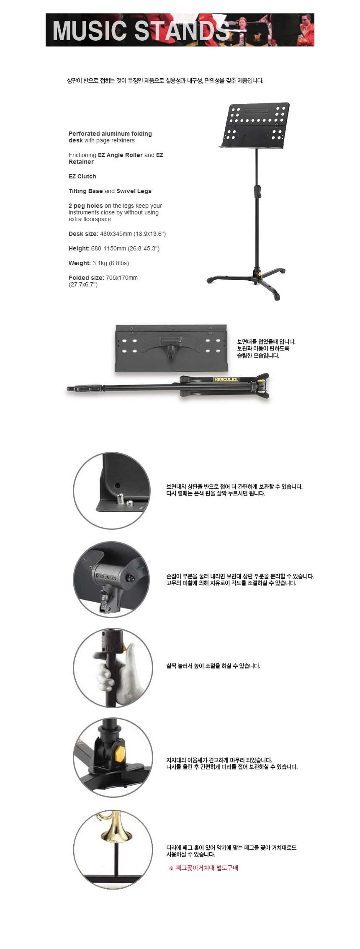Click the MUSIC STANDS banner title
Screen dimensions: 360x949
141,30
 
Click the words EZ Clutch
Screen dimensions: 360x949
82,176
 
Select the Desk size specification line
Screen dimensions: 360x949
117,234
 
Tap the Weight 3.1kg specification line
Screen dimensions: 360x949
99,263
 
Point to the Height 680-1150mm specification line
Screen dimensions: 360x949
114,248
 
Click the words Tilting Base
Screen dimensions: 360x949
86,191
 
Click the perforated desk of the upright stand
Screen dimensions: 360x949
256,125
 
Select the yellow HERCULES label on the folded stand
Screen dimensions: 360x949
226,379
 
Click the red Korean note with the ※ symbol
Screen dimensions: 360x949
203,868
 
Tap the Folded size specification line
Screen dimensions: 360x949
103,281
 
